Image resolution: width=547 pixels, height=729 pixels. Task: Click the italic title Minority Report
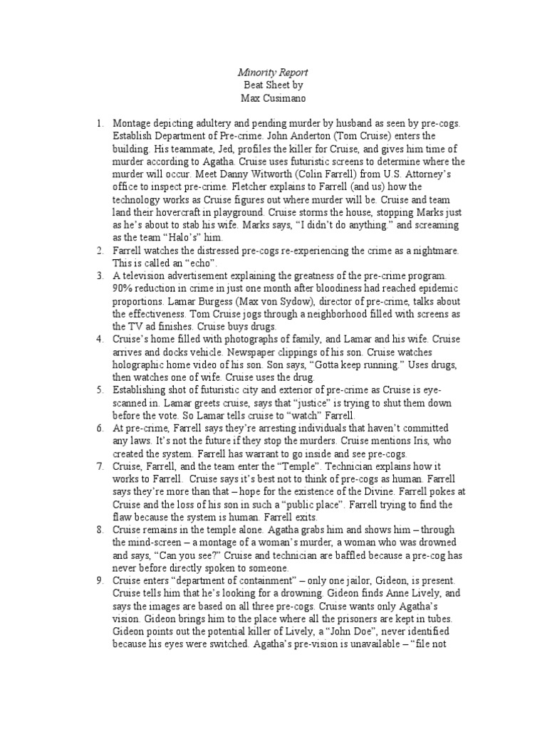point(273,73)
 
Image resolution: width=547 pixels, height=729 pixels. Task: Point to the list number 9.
point(100,582)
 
